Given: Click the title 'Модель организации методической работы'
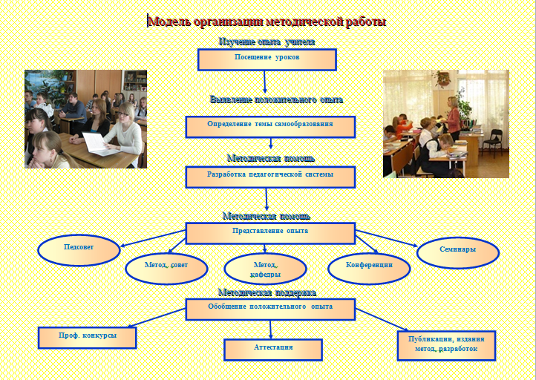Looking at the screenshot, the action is coord(267,22).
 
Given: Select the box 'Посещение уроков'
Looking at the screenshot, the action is coord(267,59).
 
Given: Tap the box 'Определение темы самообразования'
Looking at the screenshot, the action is coord(270,126).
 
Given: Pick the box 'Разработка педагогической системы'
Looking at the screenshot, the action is coord(270,177).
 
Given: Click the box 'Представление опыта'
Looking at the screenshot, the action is coord(270,233).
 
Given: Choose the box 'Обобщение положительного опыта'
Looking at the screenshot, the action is coord(270,309).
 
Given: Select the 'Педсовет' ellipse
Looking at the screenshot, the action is coord(79,250).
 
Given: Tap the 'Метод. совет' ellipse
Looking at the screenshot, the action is coord(166,268).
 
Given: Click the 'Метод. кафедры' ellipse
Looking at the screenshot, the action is coord(265,268).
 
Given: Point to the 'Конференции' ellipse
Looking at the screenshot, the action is coord(369,268).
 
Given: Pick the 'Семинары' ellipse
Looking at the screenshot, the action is coord(458,252).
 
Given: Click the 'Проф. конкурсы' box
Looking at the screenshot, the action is coord(87,338).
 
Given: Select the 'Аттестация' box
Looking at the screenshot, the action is coord(273,350).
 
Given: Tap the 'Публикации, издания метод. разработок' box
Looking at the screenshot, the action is coord(446,345).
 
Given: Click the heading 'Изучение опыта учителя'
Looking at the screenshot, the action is coord(267,42).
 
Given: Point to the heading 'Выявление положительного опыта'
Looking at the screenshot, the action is coord(276,99).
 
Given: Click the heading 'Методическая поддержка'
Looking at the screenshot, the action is coord(267,292).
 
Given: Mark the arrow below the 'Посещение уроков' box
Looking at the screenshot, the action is coord(264,82).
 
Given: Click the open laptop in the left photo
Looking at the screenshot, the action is coord(96,143).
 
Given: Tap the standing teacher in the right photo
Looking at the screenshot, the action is coord(454,119).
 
